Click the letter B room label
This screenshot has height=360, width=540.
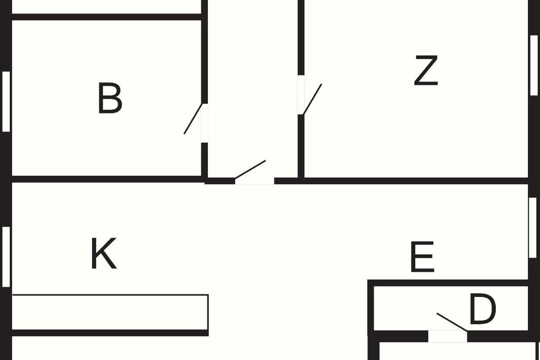(x=110, y=99)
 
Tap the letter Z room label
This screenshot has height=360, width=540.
(x=426, y=71)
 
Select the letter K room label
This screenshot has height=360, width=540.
(x=104, y=254)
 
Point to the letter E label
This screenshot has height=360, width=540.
(x=423, y=257)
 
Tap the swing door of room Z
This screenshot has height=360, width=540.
(x=312, y=99)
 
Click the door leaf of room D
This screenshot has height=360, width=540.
(x=452, y=322)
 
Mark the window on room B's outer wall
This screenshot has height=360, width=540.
(x=6, y=101)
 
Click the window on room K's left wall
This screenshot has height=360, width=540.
(x=6, y=256)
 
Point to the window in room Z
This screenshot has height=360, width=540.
(x=534, y=65)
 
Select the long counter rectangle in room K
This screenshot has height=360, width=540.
(x=110, y=312)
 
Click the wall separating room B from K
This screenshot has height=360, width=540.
(x=106, y=179)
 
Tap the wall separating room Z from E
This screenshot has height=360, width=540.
(x=405, y=181)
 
